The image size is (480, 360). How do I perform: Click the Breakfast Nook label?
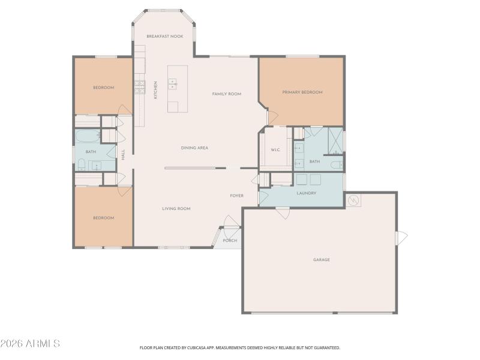click(165, 37)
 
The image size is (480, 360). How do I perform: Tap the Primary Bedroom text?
click(302, 92)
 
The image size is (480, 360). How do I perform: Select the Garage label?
click(322, 260)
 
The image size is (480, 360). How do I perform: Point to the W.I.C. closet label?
click(276, 150)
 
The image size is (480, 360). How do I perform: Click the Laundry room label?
click(306, 193)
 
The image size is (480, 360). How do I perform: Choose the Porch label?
click(230, 241)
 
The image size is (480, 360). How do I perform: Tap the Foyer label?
click(236, 196)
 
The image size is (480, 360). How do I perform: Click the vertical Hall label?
click(124, 154)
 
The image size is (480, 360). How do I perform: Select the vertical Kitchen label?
click(156, 90)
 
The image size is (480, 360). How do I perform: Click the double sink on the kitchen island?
click(173, 83)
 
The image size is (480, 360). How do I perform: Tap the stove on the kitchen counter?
click(139, 88)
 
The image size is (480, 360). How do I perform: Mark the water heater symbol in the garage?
click(353, 200)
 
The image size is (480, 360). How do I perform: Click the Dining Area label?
click(194, 148)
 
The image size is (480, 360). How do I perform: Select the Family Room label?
click(227, 94)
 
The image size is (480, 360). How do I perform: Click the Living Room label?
click(176, 209)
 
